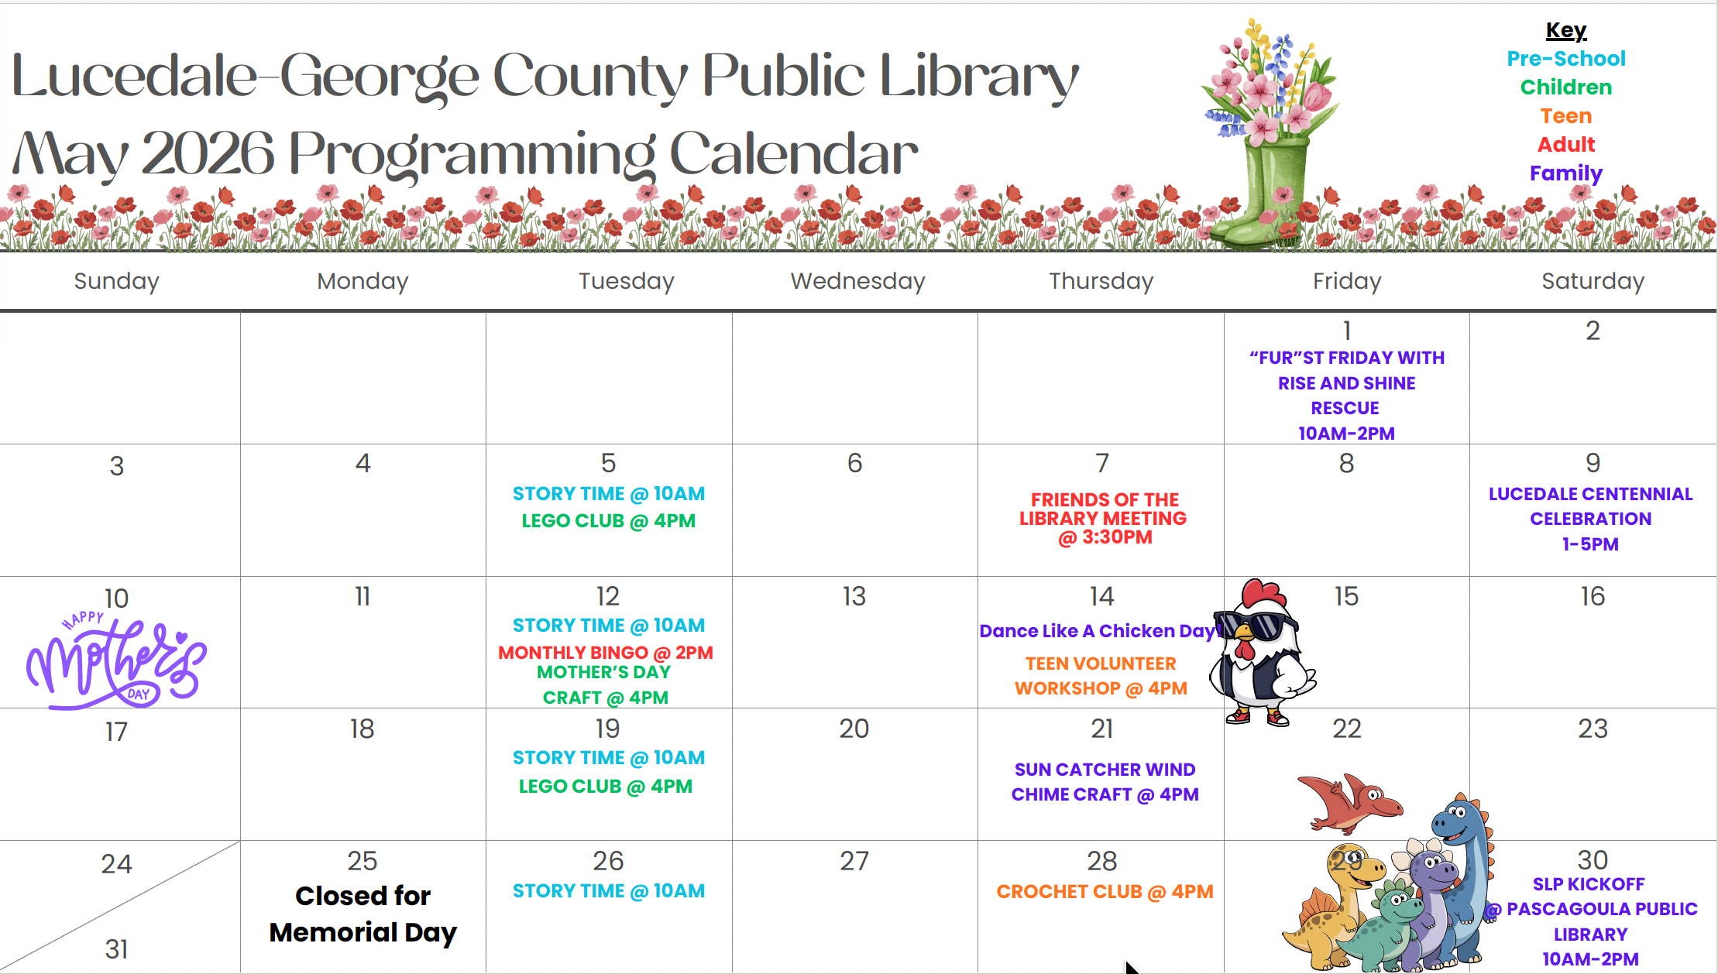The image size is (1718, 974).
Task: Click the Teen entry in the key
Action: point(1565,116)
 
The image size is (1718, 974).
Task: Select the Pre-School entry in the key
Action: point(1565,59)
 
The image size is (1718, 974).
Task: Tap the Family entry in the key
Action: point(1565,173)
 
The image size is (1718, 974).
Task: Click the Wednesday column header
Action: point(857,281)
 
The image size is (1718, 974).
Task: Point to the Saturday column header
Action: point(1593,281)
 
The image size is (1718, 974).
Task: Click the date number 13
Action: point(854,596)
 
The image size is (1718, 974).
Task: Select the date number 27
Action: point(854,861)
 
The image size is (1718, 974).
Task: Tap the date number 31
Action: point(117,949)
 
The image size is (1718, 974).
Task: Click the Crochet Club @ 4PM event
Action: point(1105,892)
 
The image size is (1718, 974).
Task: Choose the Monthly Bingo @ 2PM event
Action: point(606,653)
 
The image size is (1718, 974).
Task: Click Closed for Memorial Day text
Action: point(362,914)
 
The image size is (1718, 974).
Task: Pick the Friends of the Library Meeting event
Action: point(1103,518)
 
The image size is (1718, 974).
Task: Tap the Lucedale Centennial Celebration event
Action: point(1591,519)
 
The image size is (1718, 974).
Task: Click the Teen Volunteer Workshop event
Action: point(1101,676)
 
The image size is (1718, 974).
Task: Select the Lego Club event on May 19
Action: point(606,787)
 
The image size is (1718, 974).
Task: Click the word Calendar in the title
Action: point(794,154)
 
